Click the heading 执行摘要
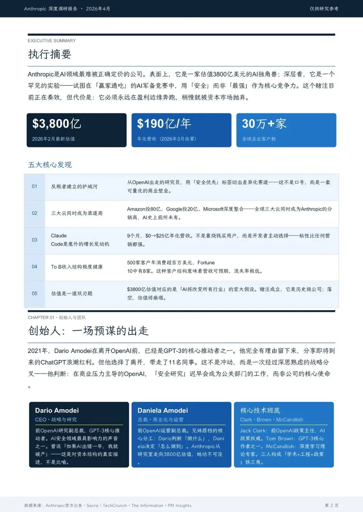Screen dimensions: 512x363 point(49,54)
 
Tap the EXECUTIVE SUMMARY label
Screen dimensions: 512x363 point(52,41)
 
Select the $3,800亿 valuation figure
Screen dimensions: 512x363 point(57,124)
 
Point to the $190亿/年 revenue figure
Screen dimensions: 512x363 point(164,124)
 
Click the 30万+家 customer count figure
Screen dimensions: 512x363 point(264,124)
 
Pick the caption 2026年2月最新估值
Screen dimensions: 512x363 point(53,139)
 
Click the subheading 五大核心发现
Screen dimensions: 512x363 point(50,165)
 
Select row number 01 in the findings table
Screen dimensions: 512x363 point(34,186)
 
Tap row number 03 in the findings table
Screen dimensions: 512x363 point(34,240)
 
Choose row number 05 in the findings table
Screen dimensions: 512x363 point(34,293)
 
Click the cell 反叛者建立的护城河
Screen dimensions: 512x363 point(74,187)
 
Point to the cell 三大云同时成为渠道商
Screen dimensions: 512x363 point(77,213)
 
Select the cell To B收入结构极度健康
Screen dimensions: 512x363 point(77,267)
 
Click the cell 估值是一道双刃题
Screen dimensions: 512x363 point(72,294)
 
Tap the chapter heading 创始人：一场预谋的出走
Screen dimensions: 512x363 point(88,331)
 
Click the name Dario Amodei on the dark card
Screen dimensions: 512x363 point(57,410)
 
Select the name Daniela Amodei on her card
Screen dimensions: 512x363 point(163,410)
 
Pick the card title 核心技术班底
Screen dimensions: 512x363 point(260,410)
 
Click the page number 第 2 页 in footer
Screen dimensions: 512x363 point(331,505)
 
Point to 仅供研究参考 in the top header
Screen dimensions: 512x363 point(324,9)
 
